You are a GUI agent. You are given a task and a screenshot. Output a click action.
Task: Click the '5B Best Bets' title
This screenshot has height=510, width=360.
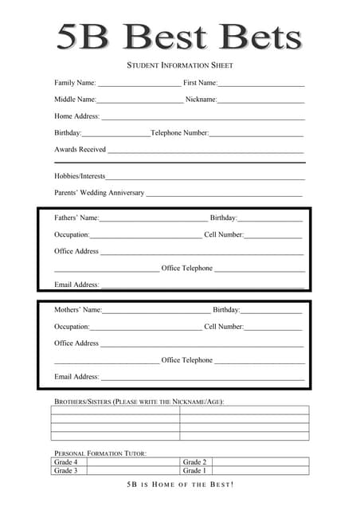(x=179, y=37)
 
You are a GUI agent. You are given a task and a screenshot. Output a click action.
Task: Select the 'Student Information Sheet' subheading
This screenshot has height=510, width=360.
(x=180, y=65)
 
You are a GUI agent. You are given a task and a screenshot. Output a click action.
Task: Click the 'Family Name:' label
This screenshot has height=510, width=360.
(x=75, y=83)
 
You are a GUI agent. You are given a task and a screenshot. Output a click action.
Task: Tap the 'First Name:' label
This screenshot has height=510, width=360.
(x=200, y=83)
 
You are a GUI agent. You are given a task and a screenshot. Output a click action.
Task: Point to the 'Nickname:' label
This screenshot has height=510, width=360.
(x=201, y=100)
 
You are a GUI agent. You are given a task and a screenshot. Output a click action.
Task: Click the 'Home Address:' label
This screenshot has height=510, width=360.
(x=76, y=116)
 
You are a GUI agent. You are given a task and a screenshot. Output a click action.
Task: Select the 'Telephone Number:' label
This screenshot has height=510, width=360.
(x=179, y=133)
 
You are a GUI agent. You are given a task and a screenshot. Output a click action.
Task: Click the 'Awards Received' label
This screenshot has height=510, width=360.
(x=80, y=150)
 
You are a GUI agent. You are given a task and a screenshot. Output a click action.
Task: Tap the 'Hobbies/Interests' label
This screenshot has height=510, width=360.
(x=80, y=176)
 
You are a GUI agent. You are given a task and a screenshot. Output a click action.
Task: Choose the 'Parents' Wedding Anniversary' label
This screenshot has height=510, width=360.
(x=100, y=193)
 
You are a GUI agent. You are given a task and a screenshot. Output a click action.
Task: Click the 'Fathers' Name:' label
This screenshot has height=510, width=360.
(x=76, y=218)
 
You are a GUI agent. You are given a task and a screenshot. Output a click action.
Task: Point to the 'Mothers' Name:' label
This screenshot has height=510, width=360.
(x=78, y=310)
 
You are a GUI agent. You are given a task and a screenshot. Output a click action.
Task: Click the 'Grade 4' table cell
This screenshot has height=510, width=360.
(x=65, y=462)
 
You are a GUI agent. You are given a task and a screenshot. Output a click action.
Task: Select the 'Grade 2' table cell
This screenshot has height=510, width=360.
(x=194, y=462)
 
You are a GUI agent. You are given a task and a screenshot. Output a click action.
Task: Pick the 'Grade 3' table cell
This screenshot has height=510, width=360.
(x=65, y=471)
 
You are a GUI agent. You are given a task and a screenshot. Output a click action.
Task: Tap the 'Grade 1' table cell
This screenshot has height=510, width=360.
(x=194, y=471)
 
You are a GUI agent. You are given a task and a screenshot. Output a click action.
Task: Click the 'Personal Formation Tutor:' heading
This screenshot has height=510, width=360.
(x=100, y=453)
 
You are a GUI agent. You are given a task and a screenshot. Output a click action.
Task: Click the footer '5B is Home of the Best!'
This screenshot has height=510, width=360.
(x=180, y=485)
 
